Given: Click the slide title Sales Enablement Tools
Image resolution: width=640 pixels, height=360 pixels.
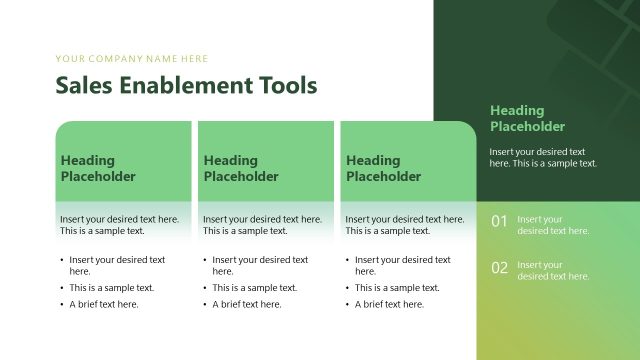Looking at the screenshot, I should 186,85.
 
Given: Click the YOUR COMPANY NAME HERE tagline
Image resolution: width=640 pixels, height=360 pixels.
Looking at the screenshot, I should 132,59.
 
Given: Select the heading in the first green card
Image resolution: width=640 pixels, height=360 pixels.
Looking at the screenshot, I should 98,168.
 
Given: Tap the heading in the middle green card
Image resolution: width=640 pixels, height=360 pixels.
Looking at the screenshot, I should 241,168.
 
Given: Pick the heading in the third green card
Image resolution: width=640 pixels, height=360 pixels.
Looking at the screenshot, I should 383,168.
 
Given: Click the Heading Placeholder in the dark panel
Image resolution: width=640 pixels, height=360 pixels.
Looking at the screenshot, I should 527,118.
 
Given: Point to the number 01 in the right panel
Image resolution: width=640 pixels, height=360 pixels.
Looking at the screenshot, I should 499,221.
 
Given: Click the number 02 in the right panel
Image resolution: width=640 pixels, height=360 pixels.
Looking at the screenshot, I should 499,268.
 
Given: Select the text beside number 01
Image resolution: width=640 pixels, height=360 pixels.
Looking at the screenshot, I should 553,225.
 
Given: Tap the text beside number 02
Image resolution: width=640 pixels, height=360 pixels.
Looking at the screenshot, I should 553,271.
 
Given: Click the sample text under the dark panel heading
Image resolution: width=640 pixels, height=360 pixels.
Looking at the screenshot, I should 543,157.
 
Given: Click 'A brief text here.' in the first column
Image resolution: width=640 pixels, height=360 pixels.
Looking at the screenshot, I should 104,305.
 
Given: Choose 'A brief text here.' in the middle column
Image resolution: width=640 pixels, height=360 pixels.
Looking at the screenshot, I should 247,305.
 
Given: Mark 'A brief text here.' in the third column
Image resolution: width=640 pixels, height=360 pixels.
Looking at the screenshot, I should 389,305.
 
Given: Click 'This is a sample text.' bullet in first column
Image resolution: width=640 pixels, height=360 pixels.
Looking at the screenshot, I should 112,288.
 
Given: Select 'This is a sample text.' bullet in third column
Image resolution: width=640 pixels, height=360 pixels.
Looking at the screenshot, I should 397,288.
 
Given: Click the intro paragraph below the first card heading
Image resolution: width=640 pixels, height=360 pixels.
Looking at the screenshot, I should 119,224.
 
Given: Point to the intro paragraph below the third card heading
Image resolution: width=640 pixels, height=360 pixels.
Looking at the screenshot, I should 404,224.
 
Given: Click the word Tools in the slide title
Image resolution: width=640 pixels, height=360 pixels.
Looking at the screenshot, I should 287,85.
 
